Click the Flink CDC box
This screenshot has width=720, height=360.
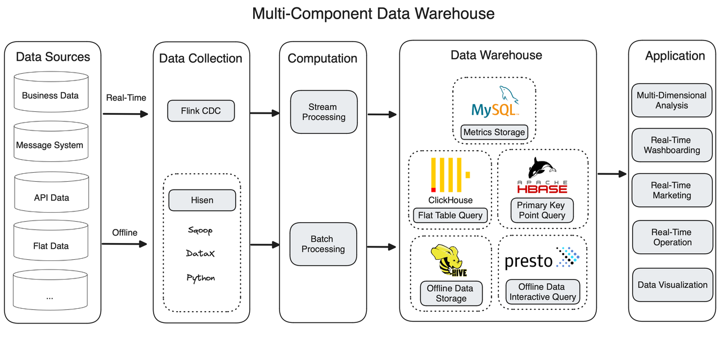coord(201,111)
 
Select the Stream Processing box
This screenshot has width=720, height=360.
coord(323,112)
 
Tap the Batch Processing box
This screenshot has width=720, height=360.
coord(323,244)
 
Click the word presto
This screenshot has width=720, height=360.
coord(529,261)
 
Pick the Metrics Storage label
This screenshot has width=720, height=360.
coord(494,133)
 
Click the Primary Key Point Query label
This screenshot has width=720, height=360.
coord(542,210)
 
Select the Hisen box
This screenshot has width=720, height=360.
coord(202,200)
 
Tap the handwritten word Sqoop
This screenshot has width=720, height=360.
coord(201,231)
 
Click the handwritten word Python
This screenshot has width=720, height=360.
coord(201,278)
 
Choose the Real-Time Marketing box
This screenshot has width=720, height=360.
coord(671,190)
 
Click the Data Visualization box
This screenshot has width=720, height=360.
coord(672,285)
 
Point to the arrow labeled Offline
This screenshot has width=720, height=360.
coord(124,244)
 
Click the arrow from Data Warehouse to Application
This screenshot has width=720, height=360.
coord(611,174)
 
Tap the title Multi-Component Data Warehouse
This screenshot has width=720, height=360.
coord(373,13)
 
